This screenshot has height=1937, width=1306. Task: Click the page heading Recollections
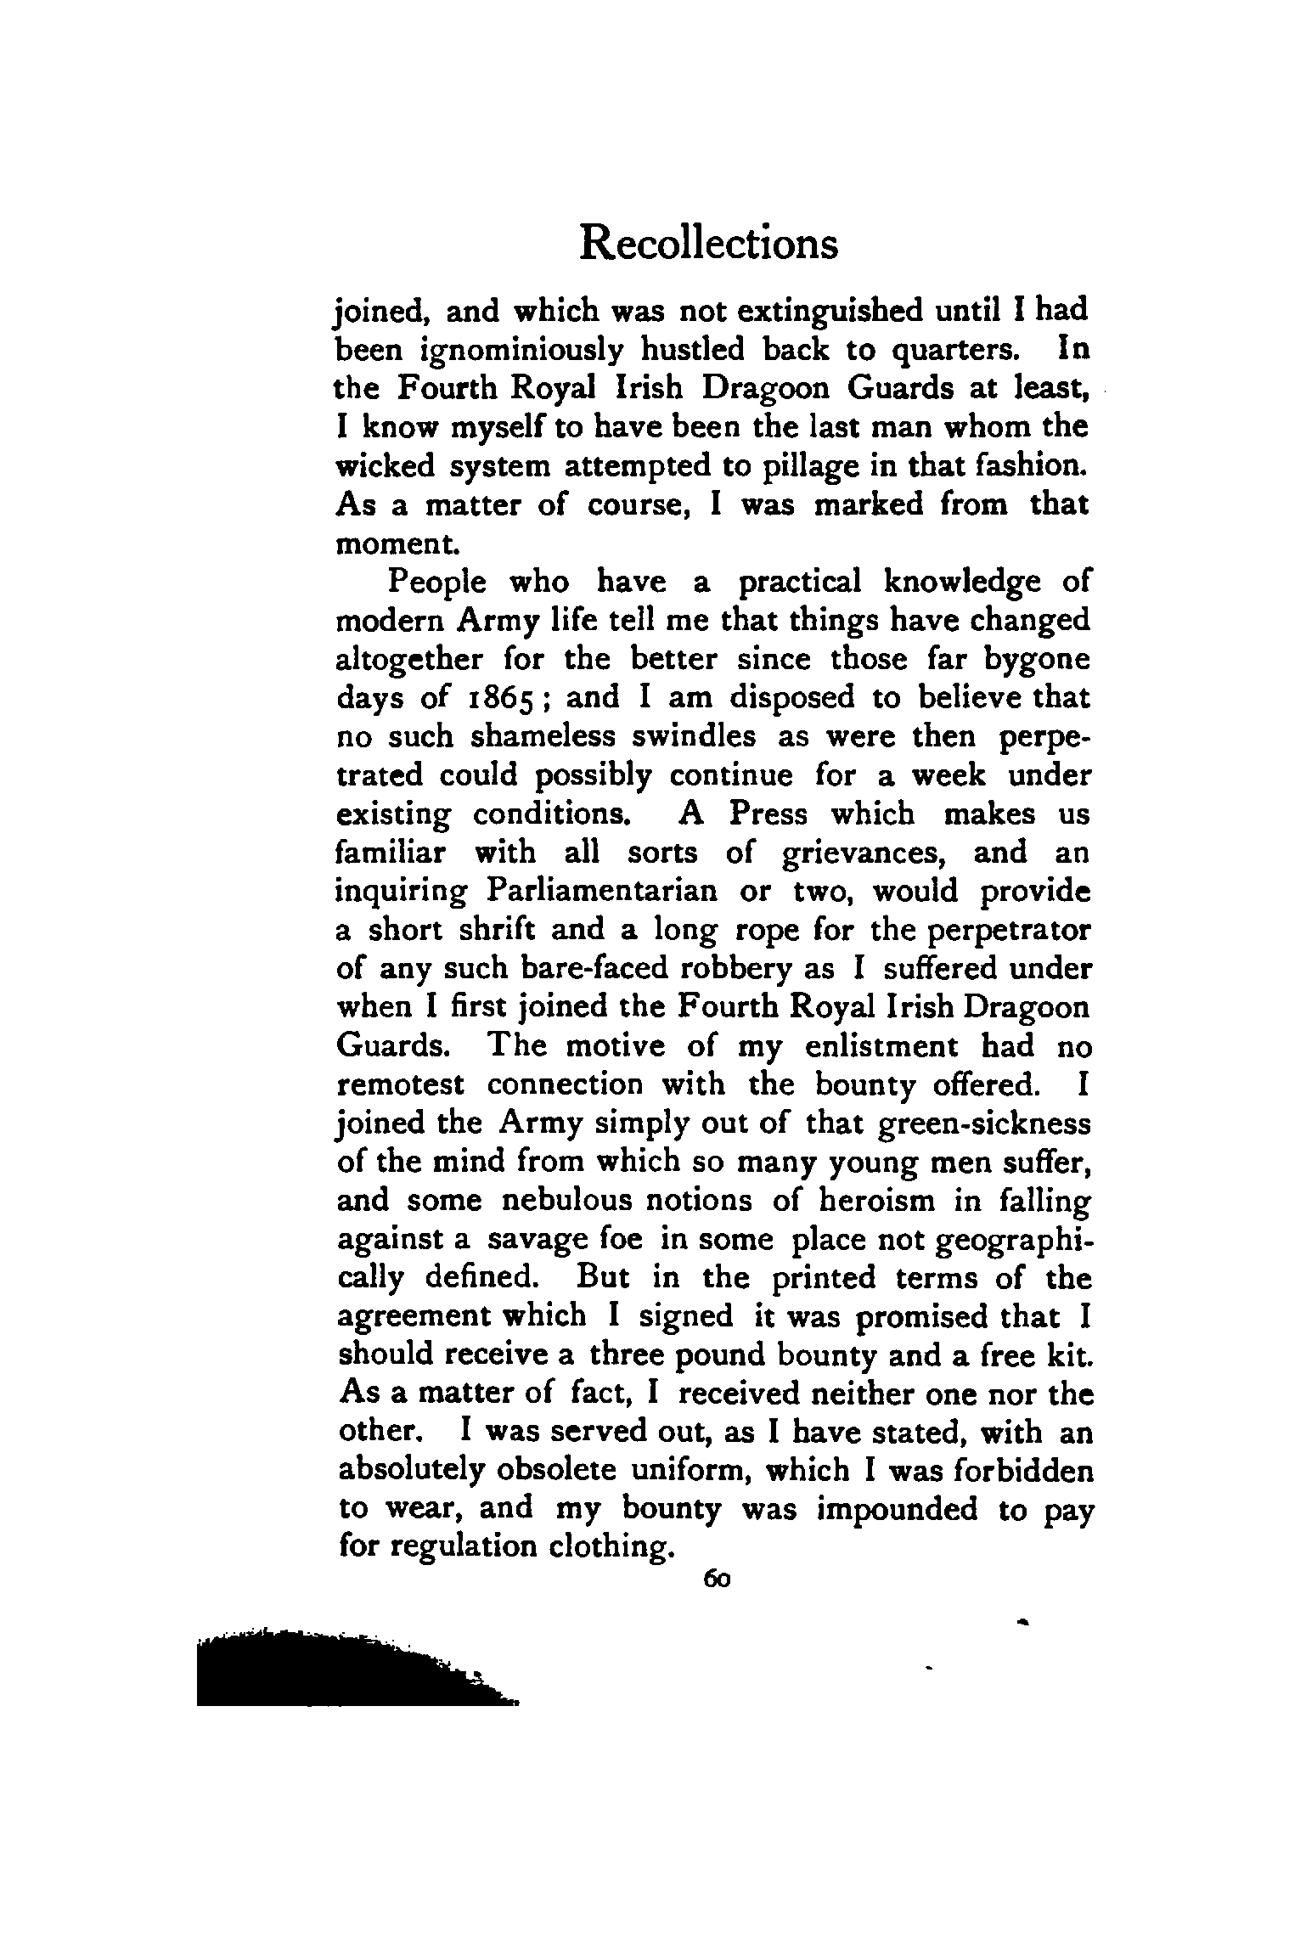pyautogui.click(x=708, y=244)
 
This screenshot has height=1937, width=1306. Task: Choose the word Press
pyautogui.click(x=768, y=814)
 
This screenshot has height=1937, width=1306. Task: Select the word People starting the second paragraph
pyautogui.click(x=437, y=583)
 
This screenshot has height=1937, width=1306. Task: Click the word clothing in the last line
pyautogui.click(x=611, y=1548)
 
